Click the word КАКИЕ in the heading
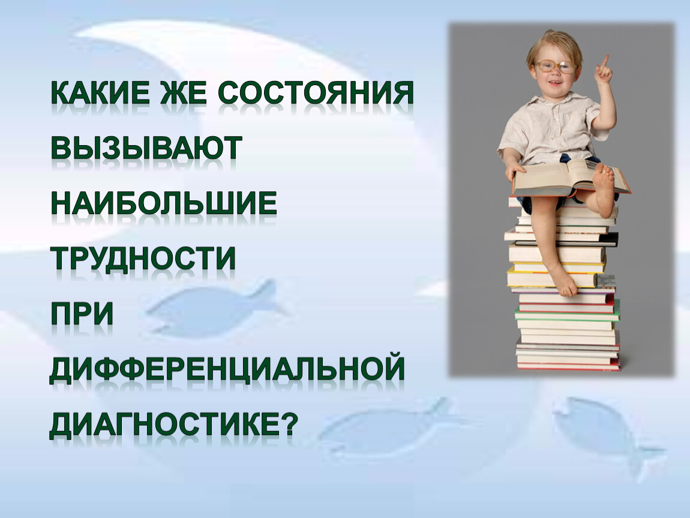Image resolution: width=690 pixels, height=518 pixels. pos(101,92)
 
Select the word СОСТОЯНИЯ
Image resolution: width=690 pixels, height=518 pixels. pos(316,92)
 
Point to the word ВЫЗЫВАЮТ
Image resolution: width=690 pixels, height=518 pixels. pos(147,147)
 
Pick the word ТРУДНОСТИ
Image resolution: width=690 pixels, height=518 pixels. pos(143,258)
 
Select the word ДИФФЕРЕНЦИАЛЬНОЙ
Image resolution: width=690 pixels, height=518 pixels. pos(227,369)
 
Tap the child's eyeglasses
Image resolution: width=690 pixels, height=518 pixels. pos(555,67)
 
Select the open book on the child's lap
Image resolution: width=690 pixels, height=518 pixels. pos(571,177)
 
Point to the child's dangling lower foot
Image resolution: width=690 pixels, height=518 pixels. pos(562,281)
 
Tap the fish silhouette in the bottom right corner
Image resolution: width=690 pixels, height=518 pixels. pos(607,435)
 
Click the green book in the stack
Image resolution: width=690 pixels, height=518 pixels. pos(568,315)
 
